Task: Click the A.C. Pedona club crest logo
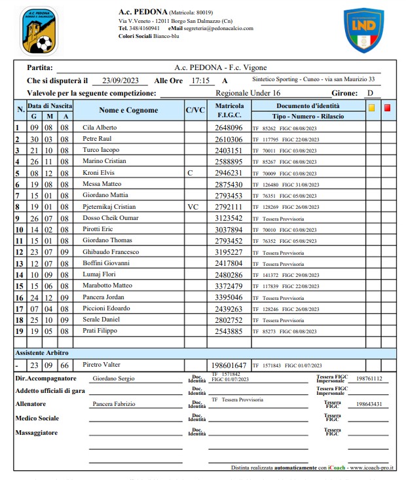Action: (39, 30)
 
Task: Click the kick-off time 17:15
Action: (200, 81)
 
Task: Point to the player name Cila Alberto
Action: (100, 128)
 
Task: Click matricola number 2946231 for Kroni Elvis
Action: (229, 173)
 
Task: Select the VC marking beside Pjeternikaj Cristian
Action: (192, 207)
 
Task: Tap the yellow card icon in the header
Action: (372, 108)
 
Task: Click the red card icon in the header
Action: (387, 108)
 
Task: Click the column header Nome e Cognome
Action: (128, 111)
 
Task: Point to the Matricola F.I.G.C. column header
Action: (229, 111)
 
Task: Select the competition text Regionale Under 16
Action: (248, 93)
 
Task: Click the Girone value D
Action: (370, 93)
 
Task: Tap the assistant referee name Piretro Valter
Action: (102, 364)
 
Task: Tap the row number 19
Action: (19, 331)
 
